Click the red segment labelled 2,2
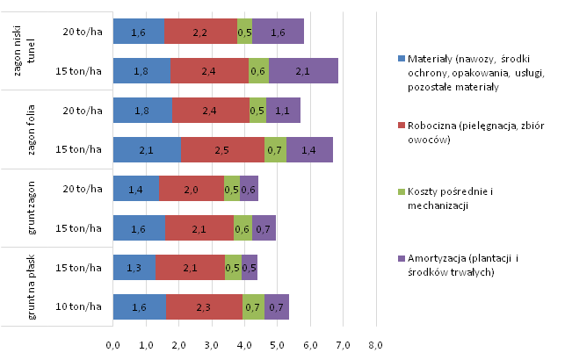[x=200, y=32]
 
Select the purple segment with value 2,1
[x=303, y=71]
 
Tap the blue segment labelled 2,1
[x=147, y=150]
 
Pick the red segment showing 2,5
[x=222, y=150]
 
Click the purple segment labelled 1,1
[x=283, y=111]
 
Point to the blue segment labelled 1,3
[x=134, y=268]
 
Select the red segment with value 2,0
[x=192, y=189]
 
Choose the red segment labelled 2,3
[x=204, y=306]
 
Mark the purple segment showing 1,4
[x=309, y=150]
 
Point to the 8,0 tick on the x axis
[x=375, y=343]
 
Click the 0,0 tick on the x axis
[x=113, y=343]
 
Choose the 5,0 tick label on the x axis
[x=277, y=343]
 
